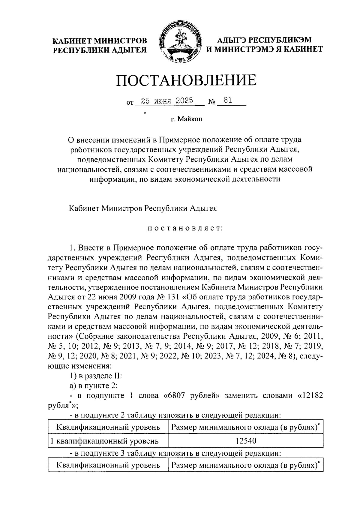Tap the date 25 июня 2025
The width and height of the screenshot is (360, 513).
(167, 101)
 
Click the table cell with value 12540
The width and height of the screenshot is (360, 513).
(245, 441)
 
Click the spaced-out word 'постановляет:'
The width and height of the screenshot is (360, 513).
(184, 229)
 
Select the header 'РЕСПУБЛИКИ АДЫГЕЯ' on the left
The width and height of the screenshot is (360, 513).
(100, 50)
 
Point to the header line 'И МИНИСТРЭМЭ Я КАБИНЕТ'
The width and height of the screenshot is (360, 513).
(264, 49)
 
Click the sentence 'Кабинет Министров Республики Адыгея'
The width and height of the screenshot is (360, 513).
(143, 208)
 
